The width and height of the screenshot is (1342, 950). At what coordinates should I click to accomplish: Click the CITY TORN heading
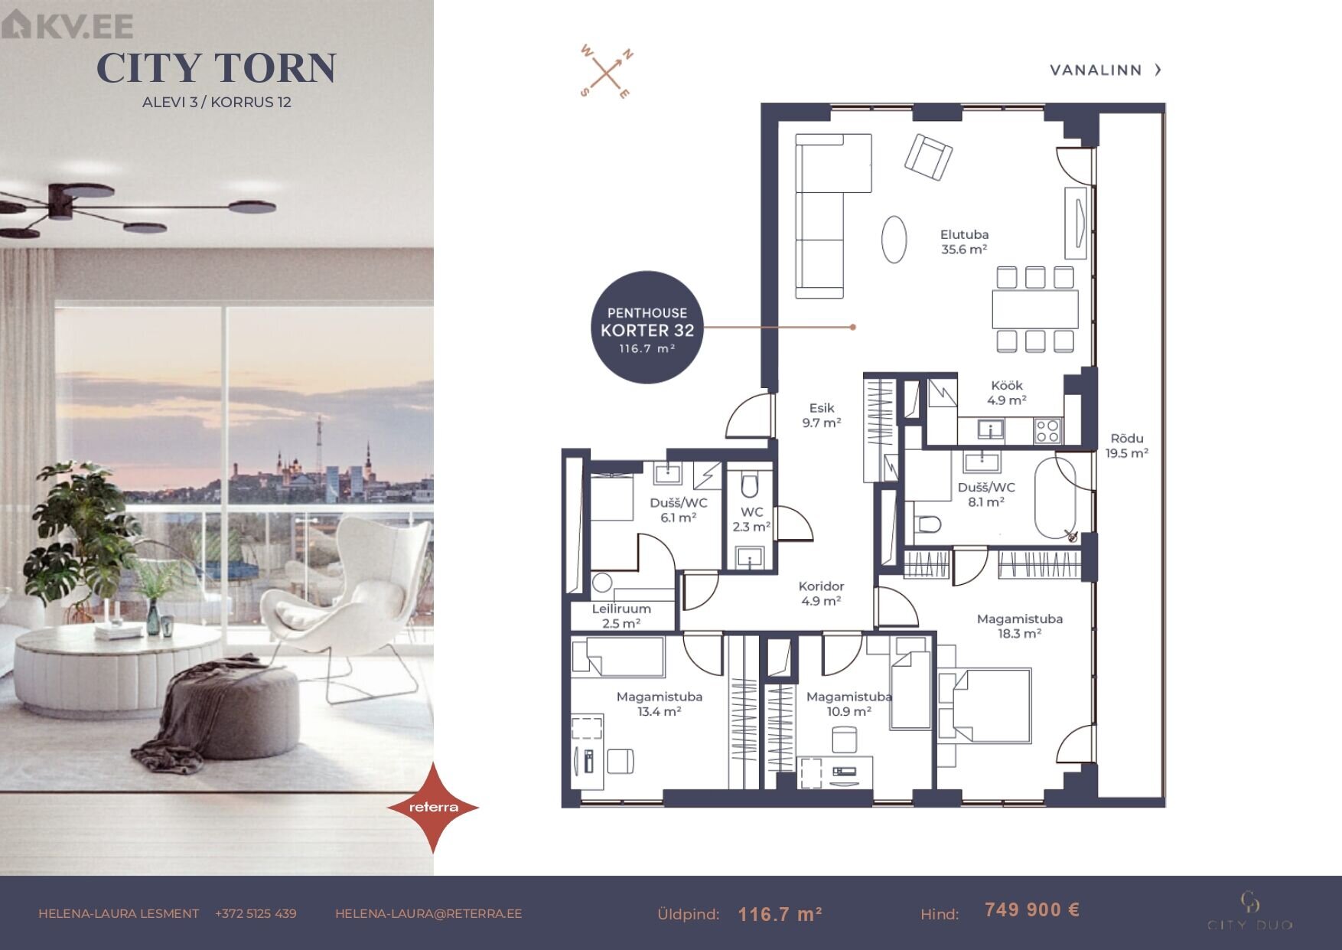(x=217, y=68)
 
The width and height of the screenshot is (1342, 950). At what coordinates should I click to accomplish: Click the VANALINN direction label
(x=1106, y=70)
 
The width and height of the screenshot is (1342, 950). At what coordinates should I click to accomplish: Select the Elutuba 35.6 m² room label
(x=964, y=242)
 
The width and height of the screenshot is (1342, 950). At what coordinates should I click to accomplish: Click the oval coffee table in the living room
(x=894, y=239)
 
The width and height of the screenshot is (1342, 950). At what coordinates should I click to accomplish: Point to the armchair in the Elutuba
(x=928, y=157)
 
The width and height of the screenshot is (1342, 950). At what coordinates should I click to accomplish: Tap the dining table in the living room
(x=1034, y=309)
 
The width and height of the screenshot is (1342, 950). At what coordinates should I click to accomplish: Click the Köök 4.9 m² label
(x=1006, y=393)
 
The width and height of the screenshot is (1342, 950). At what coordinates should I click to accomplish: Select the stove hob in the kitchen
(x=1047, y=431)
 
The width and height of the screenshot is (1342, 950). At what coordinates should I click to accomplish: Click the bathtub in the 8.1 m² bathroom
(x=1055, y=498)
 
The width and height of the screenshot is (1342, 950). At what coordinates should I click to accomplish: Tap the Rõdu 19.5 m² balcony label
(x=1127, y=446)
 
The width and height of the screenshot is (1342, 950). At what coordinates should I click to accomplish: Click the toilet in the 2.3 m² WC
(x=749, y=485)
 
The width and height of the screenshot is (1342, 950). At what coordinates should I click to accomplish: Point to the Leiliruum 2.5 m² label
(x=621, y=615)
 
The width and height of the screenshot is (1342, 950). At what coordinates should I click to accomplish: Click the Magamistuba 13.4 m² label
(x=660, y=704)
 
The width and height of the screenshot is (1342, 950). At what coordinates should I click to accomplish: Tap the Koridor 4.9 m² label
(x=821, y=593)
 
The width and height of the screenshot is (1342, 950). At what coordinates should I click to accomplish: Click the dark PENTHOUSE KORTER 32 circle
(x=647, y=327)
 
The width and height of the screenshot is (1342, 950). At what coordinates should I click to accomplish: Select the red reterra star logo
(x=433, y=807)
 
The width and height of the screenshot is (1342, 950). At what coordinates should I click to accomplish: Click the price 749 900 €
(x=1032, y=909)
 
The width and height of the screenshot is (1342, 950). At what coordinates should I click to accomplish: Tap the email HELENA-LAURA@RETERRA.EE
(x=428, y=913)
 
